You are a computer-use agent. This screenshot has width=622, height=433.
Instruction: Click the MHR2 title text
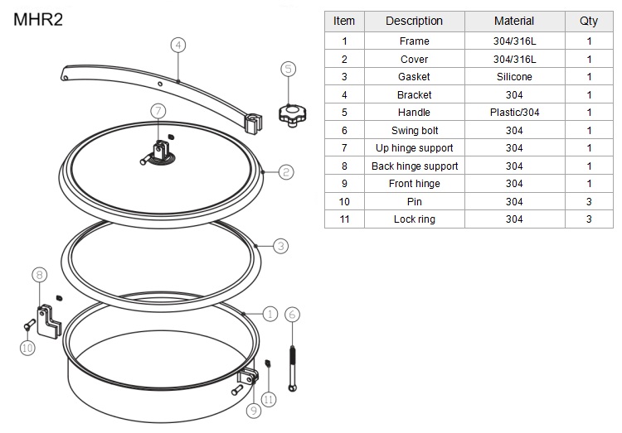click(38, 19)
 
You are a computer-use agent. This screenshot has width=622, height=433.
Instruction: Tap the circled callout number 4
click(178, 46)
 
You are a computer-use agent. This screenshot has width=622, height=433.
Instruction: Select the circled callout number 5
click(289, 69)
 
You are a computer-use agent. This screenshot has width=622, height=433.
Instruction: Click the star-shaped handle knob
click(293, 115)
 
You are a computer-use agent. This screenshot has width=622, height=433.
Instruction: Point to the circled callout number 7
click(158, 111)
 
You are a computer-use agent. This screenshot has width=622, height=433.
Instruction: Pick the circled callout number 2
click(286, 172)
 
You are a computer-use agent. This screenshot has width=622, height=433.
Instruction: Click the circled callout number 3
click(281, 246)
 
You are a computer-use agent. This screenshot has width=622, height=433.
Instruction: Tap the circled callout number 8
click(39, 275)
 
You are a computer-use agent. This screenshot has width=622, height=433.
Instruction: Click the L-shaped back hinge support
click(48, 322)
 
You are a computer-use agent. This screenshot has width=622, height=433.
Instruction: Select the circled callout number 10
click(27, 348)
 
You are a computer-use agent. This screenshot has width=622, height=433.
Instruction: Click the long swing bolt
click(293, 368)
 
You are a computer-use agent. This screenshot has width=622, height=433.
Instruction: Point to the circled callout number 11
click(269, 399)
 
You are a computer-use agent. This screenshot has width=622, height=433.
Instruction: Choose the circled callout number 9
click(254, 411)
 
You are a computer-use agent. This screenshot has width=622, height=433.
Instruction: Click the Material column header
click(514, 21)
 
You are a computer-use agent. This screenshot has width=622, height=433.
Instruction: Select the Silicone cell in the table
click(514, 77)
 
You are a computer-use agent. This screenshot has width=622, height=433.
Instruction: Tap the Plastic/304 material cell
click(514, 113)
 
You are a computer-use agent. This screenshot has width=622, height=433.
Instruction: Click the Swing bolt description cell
click(414, 130)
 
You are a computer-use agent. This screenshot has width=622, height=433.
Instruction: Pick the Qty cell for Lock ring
click(589, 219)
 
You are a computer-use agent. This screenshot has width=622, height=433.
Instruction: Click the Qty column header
click(589, 21)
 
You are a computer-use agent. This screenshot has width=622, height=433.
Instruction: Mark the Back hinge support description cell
click(414, 166)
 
